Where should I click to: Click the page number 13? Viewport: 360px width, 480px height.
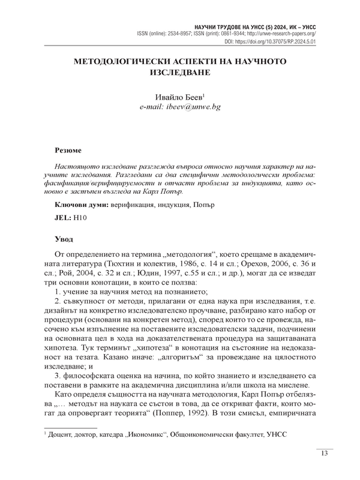pyautogui.click(x=324, y=453)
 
